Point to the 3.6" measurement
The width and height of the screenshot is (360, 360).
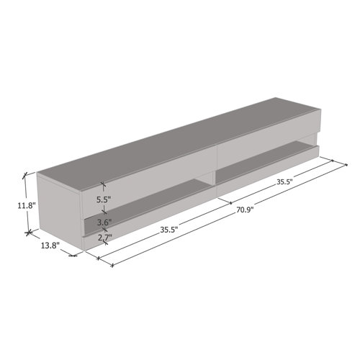(104, 222)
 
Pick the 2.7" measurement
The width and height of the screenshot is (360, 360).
(104, 236)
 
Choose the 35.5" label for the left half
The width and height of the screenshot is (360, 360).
(170, 230)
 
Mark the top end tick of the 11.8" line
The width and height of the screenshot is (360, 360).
(27, 174)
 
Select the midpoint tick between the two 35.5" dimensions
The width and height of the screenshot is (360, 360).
(225, 202)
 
